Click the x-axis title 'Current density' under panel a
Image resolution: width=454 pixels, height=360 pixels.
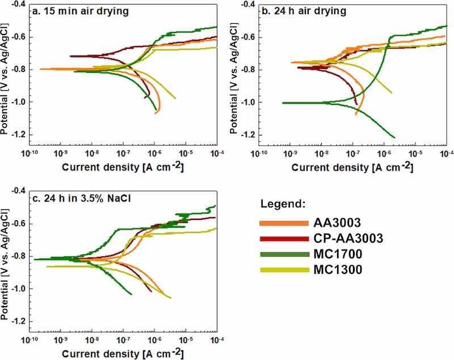tap(122, 168)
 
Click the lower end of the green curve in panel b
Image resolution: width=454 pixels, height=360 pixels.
tap(394, 137)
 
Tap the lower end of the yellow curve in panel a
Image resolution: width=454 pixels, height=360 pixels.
tap(175, 98)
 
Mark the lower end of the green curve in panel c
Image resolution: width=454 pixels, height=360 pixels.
tap(132, 294)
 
